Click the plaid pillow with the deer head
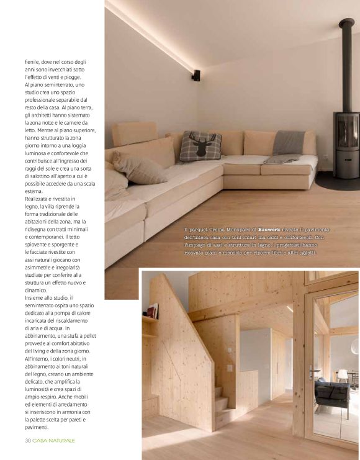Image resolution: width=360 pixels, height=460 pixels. pos(200,147)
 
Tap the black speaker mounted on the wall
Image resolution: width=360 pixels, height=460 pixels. pos(196,76)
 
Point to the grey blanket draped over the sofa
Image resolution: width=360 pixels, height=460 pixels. pos(288,143)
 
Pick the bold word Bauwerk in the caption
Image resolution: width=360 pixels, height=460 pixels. pos(272,230)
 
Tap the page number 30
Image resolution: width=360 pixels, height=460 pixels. pos(28,440)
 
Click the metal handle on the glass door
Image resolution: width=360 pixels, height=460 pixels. pos(311,371)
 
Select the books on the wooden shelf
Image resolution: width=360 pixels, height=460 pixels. pos(152,310)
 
